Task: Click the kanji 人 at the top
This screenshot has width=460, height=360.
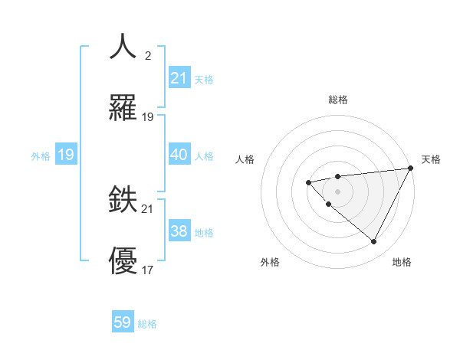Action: (123, 47)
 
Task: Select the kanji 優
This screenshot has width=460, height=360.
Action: (123, 261)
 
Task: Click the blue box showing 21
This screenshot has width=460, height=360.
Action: (179, 78)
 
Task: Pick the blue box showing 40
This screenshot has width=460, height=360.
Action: (179, 155)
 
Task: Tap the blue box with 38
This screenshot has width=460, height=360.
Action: (179, 231)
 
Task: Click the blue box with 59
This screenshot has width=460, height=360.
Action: (123, 322)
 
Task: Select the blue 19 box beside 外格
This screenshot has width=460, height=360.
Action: (66, 155)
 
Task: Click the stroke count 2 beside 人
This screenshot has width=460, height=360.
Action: (147, 56)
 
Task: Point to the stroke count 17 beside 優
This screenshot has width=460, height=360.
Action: (147, 270)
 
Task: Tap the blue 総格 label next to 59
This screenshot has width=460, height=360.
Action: (147, 324)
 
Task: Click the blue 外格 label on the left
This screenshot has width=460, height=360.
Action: (41, 156)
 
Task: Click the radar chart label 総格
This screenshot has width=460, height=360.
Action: (337, 100)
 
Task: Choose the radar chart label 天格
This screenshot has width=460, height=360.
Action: (431, 159)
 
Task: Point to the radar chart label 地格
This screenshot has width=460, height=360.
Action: (402, 262)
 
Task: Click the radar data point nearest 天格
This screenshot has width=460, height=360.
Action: (410, 168)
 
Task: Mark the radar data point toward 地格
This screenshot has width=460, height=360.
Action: (373, 241)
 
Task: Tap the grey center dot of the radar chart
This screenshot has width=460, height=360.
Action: (337, 191)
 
